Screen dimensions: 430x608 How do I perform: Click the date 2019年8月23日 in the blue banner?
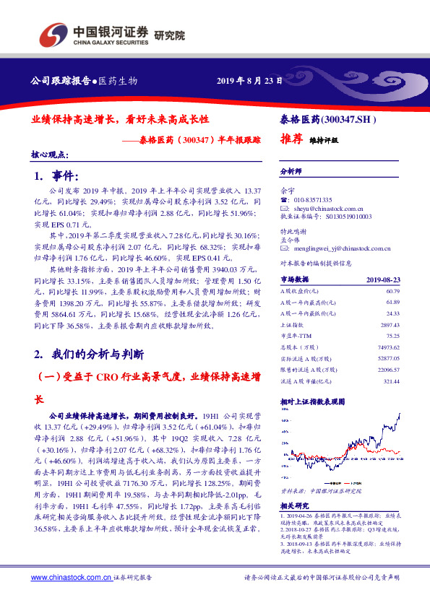coord(250,80)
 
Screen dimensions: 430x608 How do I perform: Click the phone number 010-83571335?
coord(313,199)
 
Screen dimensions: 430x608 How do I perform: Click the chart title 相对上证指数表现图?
coord(312,401)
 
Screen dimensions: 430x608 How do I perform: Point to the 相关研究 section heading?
coord(293,505)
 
